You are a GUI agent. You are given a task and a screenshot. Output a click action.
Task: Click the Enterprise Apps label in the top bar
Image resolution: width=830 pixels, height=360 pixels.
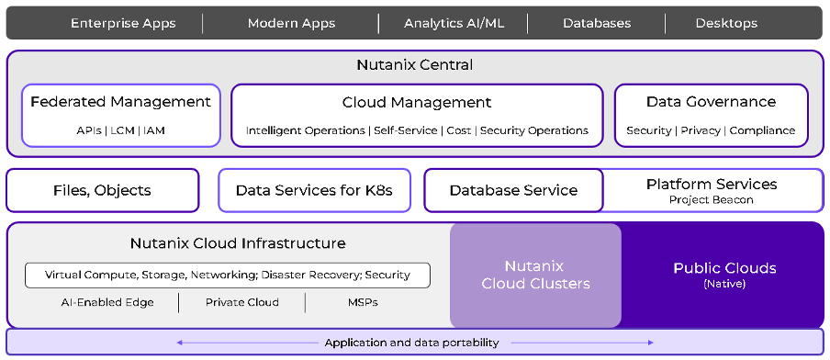pos(124,23)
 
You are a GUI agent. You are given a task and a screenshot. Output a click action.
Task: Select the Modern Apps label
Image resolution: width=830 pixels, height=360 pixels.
pos(291,23)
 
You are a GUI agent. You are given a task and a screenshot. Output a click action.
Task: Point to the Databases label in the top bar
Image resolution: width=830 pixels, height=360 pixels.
pos(598,23)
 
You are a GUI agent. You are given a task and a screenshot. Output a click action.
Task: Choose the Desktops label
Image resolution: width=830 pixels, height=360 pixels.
pos(726,23)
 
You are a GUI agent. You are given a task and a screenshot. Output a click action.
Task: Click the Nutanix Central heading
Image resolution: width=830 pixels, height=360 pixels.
pos(415,65)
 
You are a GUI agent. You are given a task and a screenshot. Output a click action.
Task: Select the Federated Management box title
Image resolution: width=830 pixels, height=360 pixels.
pos(120,102)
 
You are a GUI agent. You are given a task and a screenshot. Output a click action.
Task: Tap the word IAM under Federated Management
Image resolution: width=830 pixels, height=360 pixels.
pos(154,130)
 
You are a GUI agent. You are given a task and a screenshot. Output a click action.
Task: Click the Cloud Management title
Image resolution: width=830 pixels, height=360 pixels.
pos(417,102)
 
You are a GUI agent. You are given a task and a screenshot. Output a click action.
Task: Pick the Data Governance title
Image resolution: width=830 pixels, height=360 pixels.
pos(711,102)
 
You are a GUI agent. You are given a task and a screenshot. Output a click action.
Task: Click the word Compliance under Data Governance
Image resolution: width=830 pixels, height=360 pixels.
pos(762,130)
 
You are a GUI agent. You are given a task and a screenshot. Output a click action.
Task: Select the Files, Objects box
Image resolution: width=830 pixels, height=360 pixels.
pos(102,190)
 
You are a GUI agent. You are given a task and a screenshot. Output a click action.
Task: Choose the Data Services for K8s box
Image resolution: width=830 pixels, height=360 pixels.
pos(314,190)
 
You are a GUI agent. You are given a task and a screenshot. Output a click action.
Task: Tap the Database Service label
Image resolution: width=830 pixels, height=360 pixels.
pos(513,190)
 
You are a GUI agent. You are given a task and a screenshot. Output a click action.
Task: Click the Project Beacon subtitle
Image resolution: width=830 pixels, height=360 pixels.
pos(711,200)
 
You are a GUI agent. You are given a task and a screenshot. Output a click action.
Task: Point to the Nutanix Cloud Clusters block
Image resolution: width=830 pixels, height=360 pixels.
pos(535,275)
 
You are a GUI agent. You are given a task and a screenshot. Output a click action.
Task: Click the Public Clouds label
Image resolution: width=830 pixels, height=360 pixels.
pos(724,268)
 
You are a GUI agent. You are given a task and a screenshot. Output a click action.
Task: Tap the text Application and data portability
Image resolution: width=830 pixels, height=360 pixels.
pos(411,343)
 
